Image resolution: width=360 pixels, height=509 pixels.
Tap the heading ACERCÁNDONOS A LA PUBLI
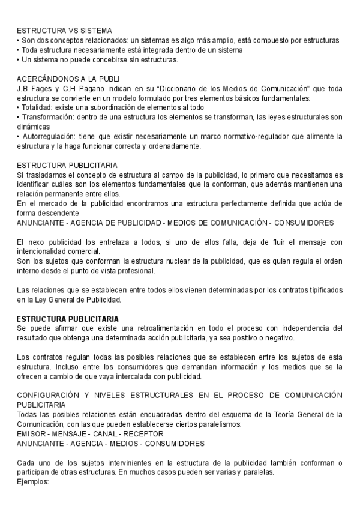click(68, 79)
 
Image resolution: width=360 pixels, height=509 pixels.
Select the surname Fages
click(40, 88)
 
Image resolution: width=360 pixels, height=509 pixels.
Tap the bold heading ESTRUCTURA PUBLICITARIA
click(68, 319)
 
